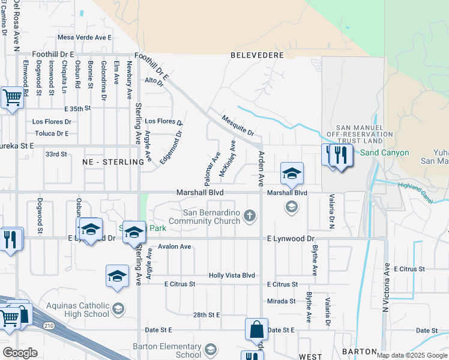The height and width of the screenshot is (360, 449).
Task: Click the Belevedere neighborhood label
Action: pyautogui.click(x=257, y=55)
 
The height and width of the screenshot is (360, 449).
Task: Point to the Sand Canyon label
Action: pyautogui.click(x=384, y=152)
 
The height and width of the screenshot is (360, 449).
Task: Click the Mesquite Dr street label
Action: pyautogui.click(x=238, y=125)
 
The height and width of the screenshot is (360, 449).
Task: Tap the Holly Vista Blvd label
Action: pyautogui.click(x=232, y=275)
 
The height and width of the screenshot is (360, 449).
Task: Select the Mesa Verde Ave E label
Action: pyautogui.click(x=85, y=37)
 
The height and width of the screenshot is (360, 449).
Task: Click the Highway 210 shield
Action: pyautogui.click(x=48, y=325)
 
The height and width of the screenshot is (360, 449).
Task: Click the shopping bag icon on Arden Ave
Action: pyautogui.click(x=256, y=330)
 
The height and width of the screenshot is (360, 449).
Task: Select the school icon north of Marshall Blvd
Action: pyautogui.click(x=292, y=173)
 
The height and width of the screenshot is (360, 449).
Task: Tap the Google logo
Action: pyautogui.click(x=20, y=353)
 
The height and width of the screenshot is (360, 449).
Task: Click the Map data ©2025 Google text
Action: pyautogui.click(x=411, y=355)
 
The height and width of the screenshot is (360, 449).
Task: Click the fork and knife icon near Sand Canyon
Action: pyautogui.click(x=340, y=156)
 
